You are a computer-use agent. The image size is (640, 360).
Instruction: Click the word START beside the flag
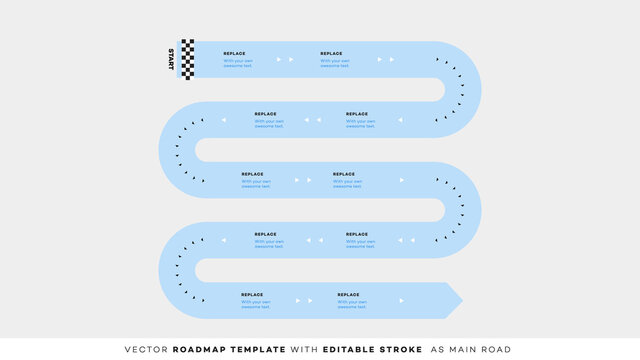[171, 59]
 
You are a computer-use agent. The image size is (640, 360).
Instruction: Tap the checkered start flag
[187, 59]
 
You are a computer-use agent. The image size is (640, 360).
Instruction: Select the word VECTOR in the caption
[147, 349]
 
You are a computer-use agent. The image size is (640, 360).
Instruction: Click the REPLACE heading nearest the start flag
[234, 53]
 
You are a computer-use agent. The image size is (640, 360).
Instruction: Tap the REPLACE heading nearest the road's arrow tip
[348, 293]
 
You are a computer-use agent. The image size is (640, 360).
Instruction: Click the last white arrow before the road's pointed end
[402, 300]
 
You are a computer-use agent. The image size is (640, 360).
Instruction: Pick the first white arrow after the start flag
[279, 59]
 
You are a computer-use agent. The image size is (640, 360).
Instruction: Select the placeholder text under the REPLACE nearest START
[238, 63]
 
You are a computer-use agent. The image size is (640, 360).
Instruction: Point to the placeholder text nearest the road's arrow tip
[352, 303]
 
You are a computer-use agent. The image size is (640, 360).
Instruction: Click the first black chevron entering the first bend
[438, 60]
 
